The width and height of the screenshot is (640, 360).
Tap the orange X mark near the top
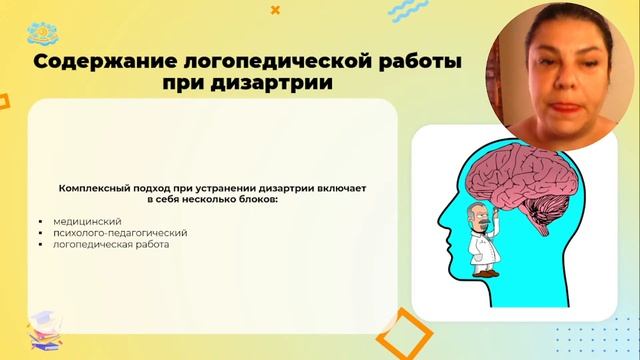click(x=276, y=9)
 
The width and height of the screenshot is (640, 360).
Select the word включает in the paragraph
click(x=321, y=187)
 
